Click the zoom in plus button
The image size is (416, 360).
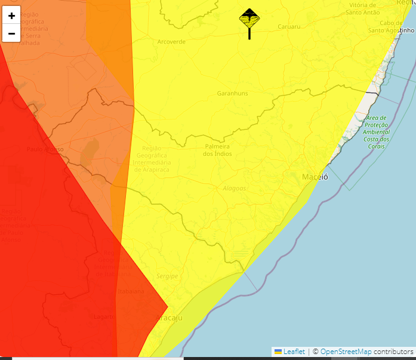click(11, 16)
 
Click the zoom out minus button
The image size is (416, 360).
click(11, 33)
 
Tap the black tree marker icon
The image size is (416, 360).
click(249, 20)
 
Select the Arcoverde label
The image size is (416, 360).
click(171, 42)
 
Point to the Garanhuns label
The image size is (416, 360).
click(232, 94)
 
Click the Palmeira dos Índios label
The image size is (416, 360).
click(217, 150)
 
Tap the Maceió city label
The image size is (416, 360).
click(315, 177)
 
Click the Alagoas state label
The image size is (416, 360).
click(234, 188)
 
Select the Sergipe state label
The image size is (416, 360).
click(167, 276)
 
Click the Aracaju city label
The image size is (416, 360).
click(169, 318)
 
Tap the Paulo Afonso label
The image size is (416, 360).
click(45, 149)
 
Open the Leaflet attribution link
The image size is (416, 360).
click(294, 352)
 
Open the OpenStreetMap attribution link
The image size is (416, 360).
click(346, 352)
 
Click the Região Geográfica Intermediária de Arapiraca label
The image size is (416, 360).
click(152, 158)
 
